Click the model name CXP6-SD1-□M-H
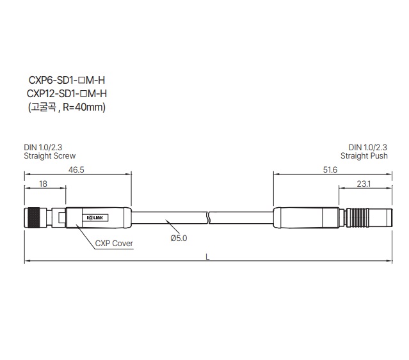67,80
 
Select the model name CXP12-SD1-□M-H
67,93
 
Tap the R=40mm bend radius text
83,107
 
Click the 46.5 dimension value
76,170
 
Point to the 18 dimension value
43,184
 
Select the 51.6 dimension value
330,170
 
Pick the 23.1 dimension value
364,184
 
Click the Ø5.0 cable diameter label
179,238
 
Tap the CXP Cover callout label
114,243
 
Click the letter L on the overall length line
207,257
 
